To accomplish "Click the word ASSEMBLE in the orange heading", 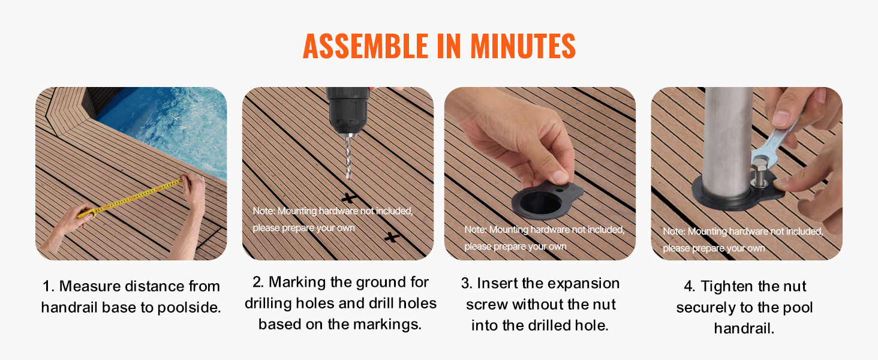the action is pos(365,46).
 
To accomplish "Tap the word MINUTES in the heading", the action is pos(523,46).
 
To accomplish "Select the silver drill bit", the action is pos(348,156).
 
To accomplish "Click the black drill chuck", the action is pos(347,110).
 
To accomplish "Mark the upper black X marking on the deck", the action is pos(349,197).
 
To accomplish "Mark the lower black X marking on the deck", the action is pos(392,237).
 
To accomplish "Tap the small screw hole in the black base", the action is pos(560,190).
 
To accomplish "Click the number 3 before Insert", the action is pos(465,284).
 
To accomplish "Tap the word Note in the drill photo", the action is pos(263,211).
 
